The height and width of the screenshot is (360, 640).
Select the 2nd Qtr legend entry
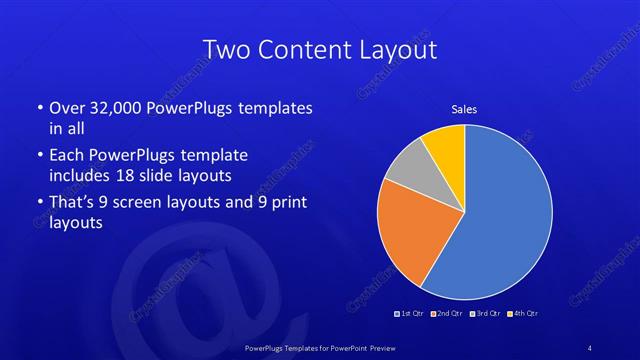(x=446, y=314)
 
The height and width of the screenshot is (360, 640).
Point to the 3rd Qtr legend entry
(x=483, y=314)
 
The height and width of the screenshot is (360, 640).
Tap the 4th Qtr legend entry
(x=521, y=314)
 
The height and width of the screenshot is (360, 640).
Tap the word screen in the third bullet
(x=165, y=202)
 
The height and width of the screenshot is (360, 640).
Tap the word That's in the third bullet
(x=74, y=202)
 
